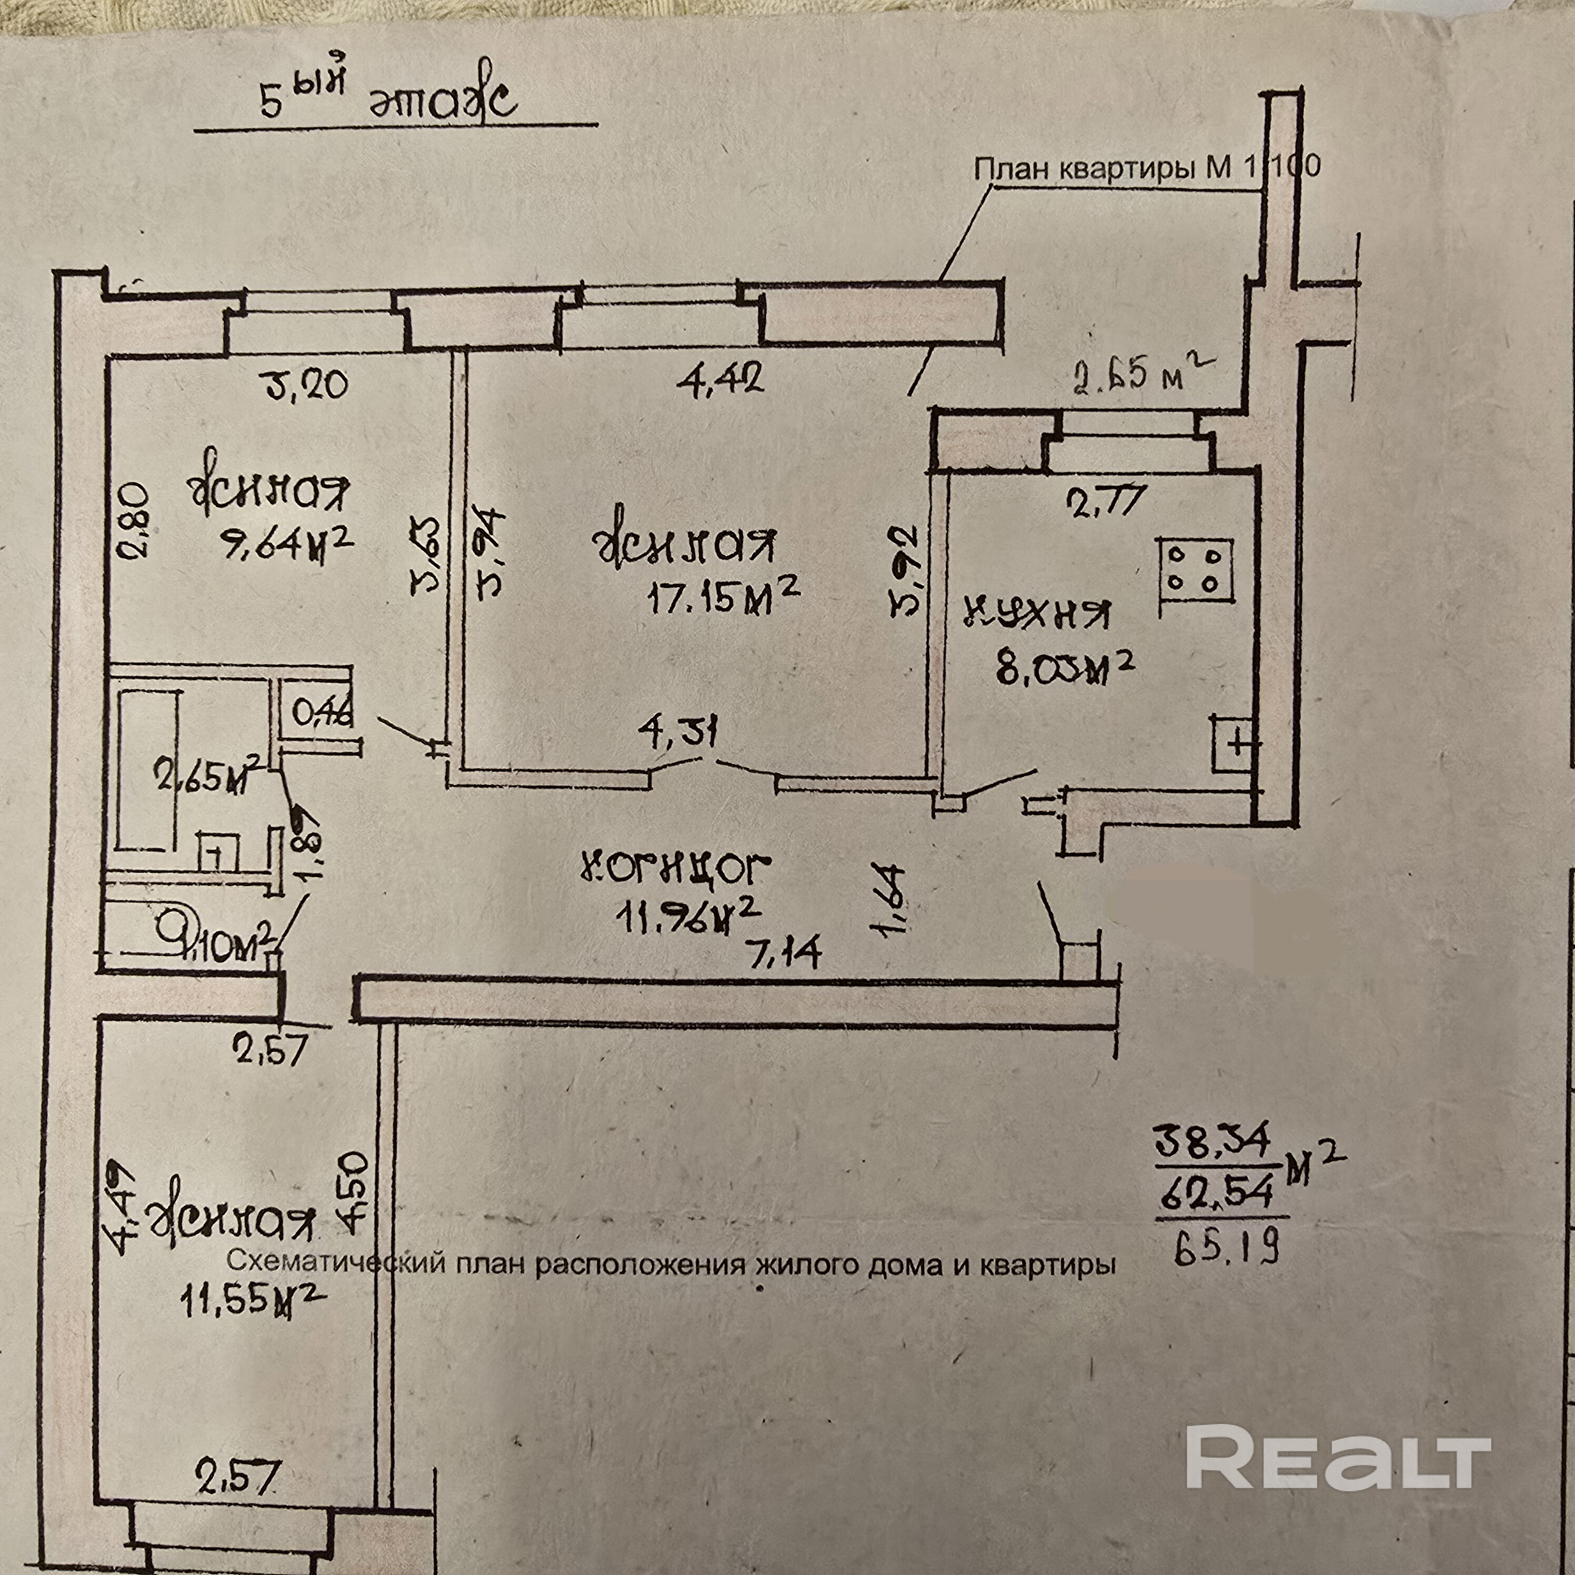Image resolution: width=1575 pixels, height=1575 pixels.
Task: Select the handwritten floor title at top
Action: tap(387, 102)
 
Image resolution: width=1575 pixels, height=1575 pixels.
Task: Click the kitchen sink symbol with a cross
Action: tap(1237, 743)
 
